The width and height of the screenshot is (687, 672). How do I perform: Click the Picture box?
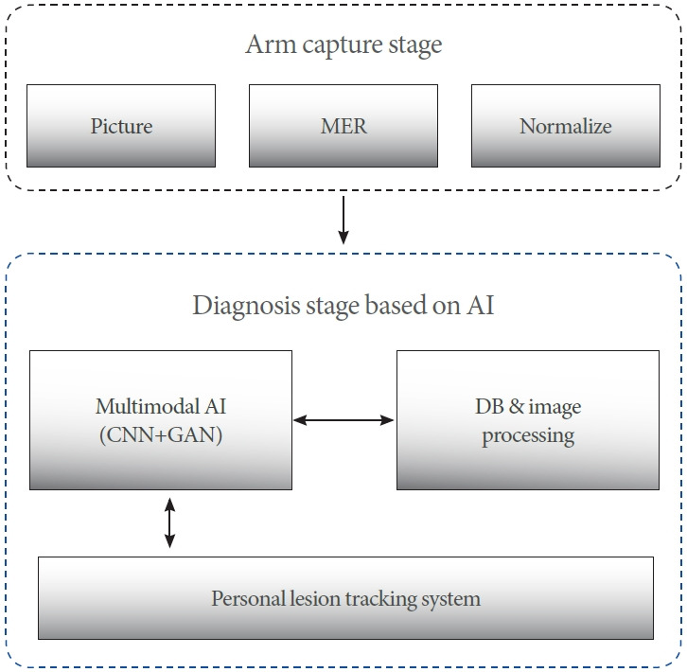click(x=121, y=126)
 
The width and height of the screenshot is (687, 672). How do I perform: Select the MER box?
click(x=343, y=126)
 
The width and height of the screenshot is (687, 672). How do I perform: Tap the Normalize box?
click(x=566, y=126)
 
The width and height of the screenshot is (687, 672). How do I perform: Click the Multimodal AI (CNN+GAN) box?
click(x=161, y=420)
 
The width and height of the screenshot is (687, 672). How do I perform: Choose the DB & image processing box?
click(x=528, y=420)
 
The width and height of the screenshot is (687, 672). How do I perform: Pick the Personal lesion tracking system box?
click(x=345, y=598)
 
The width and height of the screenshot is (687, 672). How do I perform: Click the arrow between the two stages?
click(x=343, y=220)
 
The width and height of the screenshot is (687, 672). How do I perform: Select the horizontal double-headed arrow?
click(x=343, y=420)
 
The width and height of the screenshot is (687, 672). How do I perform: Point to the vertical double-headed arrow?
click(x=169, y=522)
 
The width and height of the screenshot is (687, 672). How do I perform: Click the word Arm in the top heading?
click(x=271, y=44)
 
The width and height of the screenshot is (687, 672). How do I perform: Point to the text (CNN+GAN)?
click(x=161, y=435)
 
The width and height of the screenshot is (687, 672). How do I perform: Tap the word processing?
click(x=528, y=436)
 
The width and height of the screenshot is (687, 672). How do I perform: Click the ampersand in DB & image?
click(x=516, y=406)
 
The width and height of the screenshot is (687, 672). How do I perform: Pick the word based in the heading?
click(x=396, y=305)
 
